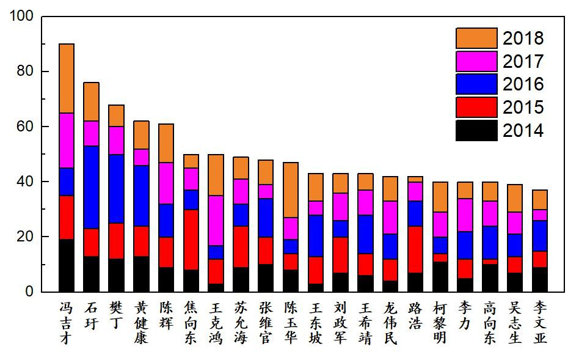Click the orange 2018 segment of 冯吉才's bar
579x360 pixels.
tap(67, 78)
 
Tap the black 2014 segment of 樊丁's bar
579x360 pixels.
tap(116, 275)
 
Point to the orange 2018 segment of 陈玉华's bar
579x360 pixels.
tap(290, 189)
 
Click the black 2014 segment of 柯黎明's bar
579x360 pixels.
tap(440, 276)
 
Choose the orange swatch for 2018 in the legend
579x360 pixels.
tap(476, 39)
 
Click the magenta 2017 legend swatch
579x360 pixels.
tap(476, 61)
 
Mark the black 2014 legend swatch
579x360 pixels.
tap(476, 130)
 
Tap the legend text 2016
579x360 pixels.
tap(523, 84)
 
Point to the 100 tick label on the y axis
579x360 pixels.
tap(21, 17)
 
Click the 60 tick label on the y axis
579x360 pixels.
tap(24, 127)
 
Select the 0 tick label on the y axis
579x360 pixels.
tap(28, 292)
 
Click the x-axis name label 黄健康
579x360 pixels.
tap(141, 322)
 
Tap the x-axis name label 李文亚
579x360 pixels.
tap(539, 322)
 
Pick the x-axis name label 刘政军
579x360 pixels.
tap(340, 322)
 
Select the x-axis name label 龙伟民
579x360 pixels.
tap(390, 322)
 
